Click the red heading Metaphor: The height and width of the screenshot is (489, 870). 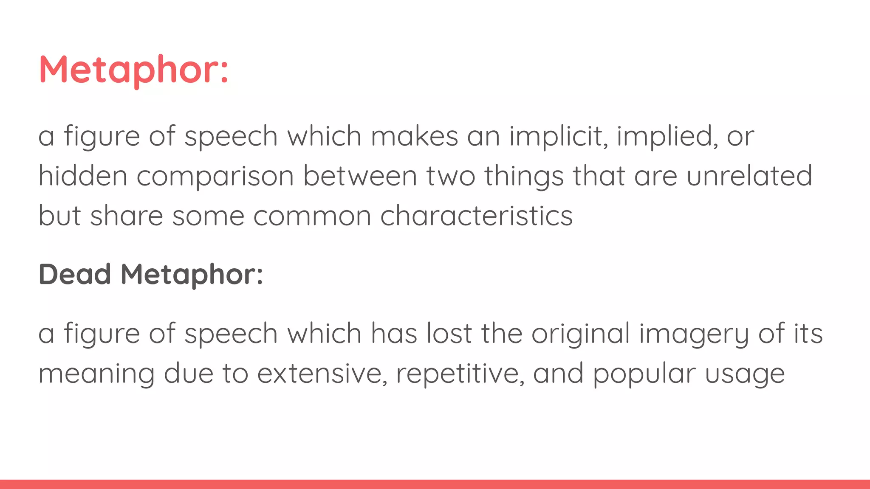point(134,70)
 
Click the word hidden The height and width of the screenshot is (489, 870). point(83,176)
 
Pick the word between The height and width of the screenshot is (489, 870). point(360,176)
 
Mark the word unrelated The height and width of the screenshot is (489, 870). point(749,176)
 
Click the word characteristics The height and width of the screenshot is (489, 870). point(476,216)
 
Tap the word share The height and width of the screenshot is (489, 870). point(127,216)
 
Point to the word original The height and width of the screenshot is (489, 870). point(581,334)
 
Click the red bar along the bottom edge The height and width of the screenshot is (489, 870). point(435,484)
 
